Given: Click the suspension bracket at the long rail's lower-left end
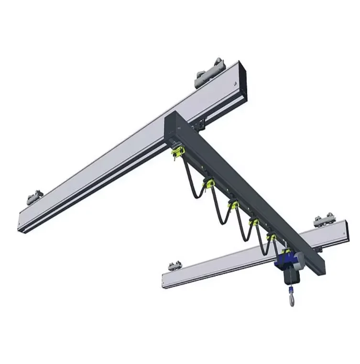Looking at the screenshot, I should point(34,197).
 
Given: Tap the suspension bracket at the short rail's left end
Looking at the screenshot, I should point(175,265).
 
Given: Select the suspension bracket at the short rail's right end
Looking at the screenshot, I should point(324,221).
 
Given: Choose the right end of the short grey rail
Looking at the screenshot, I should point(345,229).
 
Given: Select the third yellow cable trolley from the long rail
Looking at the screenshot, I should point(233,206).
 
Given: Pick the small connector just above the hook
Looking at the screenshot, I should point(290,290).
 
